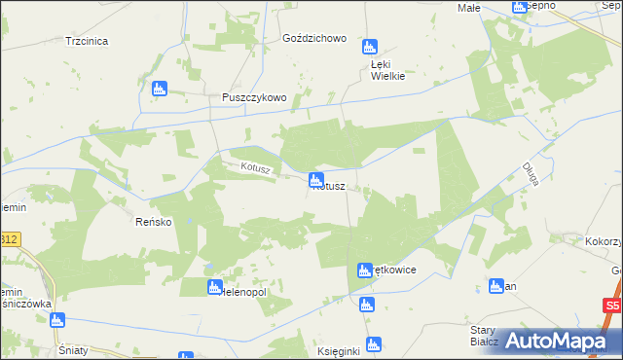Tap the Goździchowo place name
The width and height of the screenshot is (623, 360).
(313, 38)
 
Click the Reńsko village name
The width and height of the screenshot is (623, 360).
(153, 222)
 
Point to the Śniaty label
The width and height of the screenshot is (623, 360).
(75, 348)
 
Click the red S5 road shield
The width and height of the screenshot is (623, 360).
(611, 306)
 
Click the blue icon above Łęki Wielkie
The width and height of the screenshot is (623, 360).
(369, 47)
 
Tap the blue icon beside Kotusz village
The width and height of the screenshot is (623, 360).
(315, 180)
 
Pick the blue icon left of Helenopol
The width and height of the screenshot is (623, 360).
(215, 287)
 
